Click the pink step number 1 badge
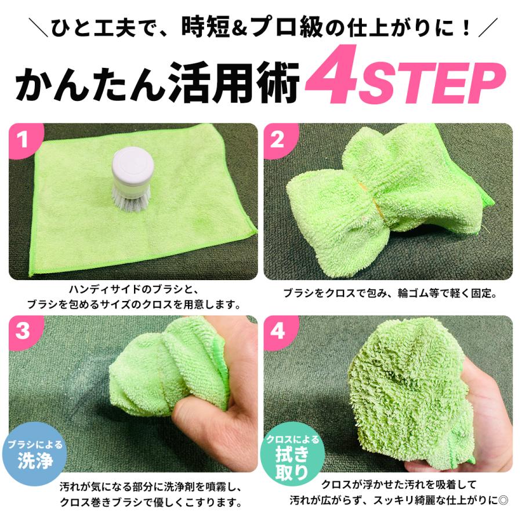point(24,140)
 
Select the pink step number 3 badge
point(24,331)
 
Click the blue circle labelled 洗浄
point(34,454)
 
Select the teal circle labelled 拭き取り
point(293,454)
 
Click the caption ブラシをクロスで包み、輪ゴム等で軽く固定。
point(390,293)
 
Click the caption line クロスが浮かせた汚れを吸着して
point(399,485)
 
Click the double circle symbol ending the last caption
point(503,501)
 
